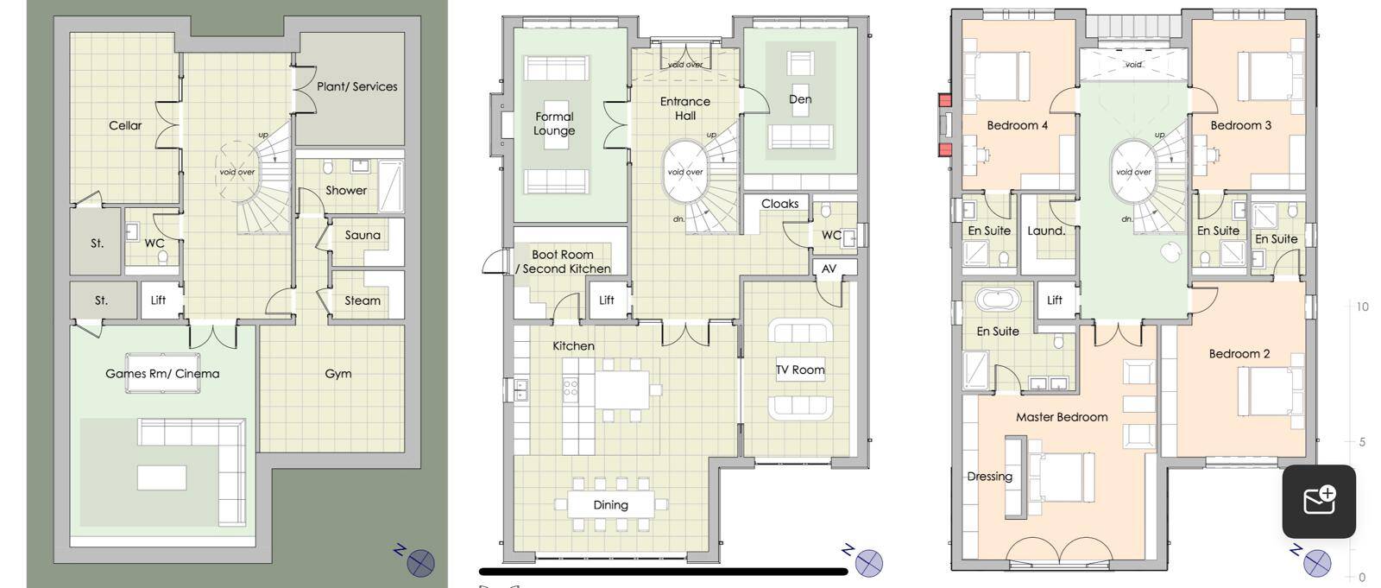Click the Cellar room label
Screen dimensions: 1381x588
coord(125,125)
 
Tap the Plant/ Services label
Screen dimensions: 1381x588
coord(357,86)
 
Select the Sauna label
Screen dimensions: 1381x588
coord(363,235)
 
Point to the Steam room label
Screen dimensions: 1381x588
coord(363,300)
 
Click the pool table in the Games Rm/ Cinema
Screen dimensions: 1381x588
coord(163,373)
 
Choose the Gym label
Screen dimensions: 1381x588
coord(337,374)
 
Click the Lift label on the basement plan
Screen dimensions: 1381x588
coord(159,300)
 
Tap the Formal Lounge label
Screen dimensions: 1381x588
coord(554,123)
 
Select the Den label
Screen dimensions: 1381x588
coord(800,98)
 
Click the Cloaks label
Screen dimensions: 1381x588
coord(780,204)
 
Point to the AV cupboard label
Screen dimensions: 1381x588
coord(829,269)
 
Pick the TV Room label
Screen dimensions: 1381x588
coord(800,370)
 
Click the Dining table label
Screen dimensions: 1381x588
coord(610,505)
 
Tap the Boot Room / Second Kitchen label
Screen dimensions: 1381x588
coord(563,262)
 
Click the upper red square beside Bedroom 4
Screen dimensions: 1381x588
coord(944,100)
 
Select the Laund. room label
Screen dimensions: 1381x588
coord(1046,231)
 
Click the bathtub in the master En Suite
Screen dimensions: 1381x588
coord(998,300)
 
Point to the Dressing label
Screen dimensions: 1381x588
coord(989,477)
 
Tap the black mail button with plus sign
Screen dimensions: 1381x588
coord(1319,502)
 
